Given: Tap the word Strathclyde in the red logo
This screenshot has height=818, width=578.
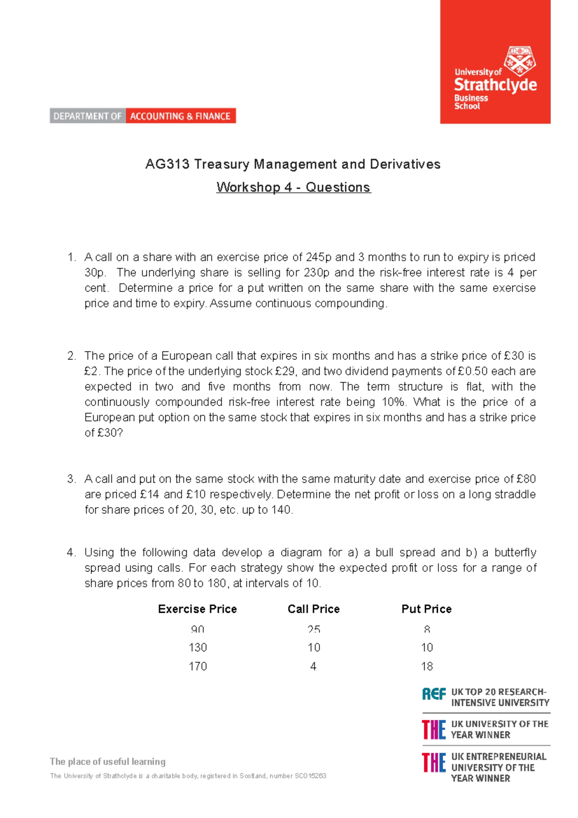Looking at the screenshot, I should (495, 85).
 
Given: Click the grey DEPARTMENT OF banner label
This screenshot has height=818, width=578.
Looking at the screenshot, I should (88, 116).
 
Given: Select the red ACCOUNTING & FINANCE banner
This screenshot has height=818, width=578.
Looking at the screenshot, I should (181, 116).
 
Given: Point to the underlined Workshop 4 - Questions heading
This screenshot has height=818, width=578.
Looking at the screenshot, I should (293, 187).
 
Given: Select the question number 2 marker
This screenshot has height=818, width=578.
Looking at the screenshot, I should (72, 356).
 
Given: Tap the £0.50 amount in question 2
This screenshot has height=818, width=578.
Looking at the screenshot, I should (473, 371).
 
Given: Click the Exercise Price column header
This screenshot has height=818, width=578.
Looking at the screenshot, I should (197, 609).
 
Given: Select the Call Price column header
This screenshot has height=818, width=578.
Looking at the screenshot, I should (314, 609).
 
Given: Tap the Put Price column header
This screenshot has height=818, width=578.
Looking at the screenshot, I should (426, 609).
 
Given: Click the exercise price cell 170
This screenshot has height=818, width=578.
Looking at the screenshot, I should (197, 666).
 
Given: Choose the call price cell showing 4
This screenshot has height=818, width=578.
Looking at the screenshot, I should (314, 666).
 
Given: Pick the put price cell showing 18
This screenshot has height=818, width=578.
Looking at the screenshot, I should (427, 666).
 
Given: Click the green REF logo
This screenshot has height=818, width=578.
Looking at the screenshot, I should (434, 694).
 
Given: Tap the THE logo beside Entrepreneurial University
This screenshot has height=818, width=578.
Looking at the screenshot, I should (433, 763).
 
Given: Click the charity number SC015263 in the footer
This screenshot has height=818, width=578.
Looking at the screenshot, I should (311, 776).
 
